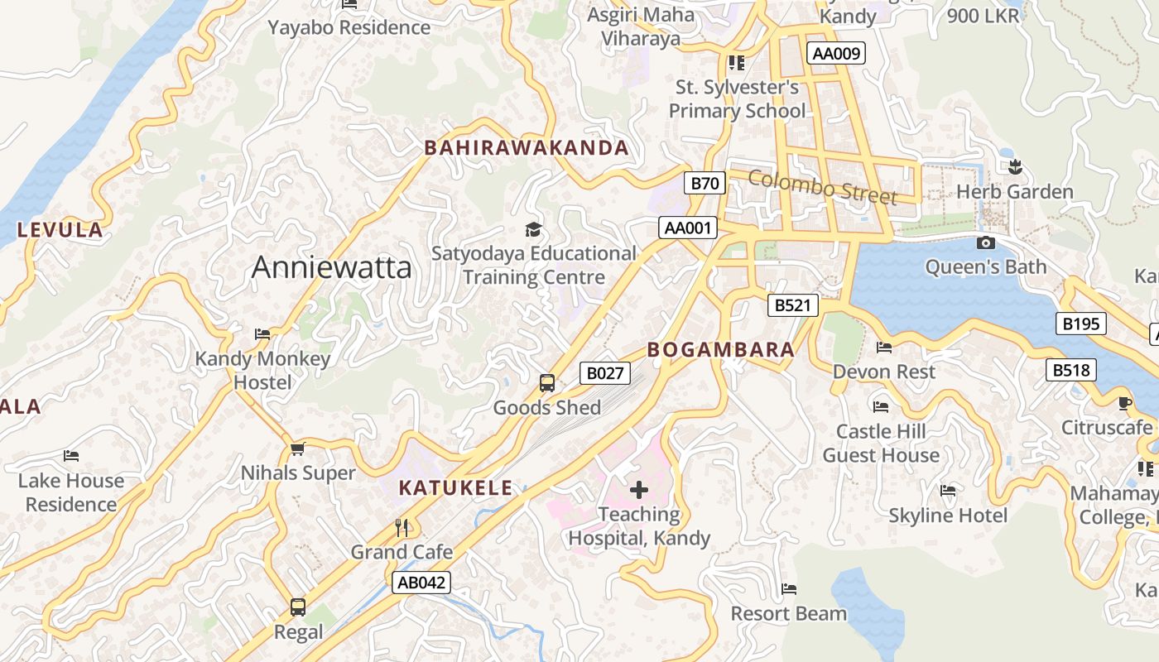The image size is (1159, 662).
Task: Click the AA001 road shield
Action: pyautogui.click(x=688, y=228)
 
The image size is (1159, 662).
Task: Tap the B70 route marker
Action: pyautogui.click(x=705, y=183)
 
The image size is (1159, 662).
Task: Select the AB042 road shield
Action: pyautogui.click(x=421, y=582)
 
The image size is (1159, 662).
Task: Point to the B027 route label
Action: pyautogui.click(x=604, y=373)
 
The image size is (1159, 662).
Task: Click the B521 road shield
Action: pyautogui.click(x=792, y=305)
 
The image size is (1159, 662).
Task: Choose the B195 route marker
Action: pyautogui.click(x=1080, y=324)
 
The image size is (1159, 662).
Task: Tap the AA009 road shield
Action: pyautogui.click(x=836, y=54)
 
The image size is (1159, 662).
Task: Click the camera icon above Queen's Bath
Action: pyautogui.click(x=985, y=242)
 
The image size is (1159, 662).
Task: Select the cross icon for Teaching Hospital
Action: pyautogui.click(x=639, y=490)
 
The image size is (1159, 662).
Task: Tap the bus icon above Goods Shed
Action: pyautogui.click(x=546, y=383)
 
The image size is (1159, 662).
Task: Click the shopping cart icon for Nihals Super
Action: pyautogui.click(x=298, y=449)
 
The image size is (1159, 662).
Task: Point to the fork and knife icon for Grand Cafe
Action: pyautogui.click(x=402, y=527)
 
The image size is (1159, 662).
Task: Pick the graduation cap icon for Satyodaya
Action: pyautogui.click(x=533, y=229)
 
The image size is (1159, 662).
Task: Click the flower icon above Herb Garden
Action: pyautogui.click(x=1015, y=167)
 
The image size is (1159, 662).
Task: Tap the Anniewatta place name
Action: pyautogui.click(x=331, y=267)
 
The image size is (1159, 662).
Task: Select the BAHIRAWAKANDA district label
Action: pyautogui.click(x=527, y=148)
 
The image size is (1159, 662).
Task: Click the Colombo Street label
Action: pyautogui.click(x=823, y=187)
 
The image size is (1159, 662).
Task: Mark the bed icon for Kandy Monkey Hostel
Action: pyautogui.click(x=262, y=334)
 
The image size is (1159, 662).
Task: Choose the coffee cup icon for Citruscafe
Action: pyautogui.click(x=1124, y=403)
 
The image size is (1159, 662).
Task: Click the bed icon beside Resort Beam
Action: pyautogui.click(x=789, y=589)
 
